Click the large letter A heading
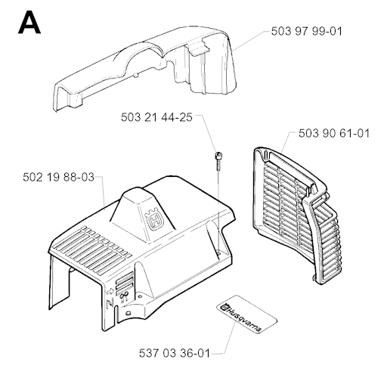(x=29, y=22)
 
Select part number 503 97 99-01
(x=307, y=32)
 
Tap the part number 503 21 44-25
(x=156, y=117)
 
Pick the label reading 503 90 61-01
(x=334, y=133)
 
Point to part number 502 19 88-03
(x=58, y=177)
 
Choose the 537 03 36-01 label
(x=175, y=353)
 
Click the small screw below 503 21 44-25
(x=218, y=160)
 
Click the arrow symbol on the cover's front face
(x=110, y=292)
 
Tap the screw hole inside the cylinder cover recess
(x=218, y=253)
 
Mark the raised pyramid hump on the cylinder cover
(x=142, y=214)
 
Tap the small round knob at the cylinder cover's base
(x=128, y=313)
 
